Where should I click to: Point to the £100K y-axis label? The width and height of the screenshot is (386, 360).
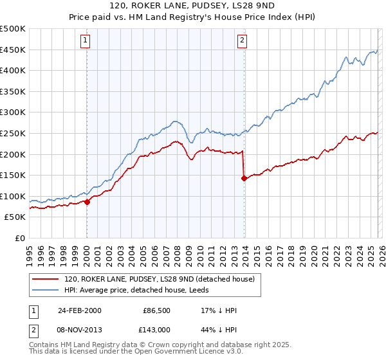point(13,196)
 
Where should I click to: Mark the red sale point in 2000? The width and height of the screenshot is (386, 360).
point(87,202)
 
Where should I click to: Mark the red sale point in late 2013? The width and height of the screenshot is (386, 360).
point(244,179)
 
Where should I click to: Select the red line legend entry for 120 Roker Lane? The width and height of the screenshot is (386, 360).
point(160,279)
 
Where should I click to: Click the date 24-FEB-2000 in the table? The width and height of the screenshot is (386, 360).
point(79,310)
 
